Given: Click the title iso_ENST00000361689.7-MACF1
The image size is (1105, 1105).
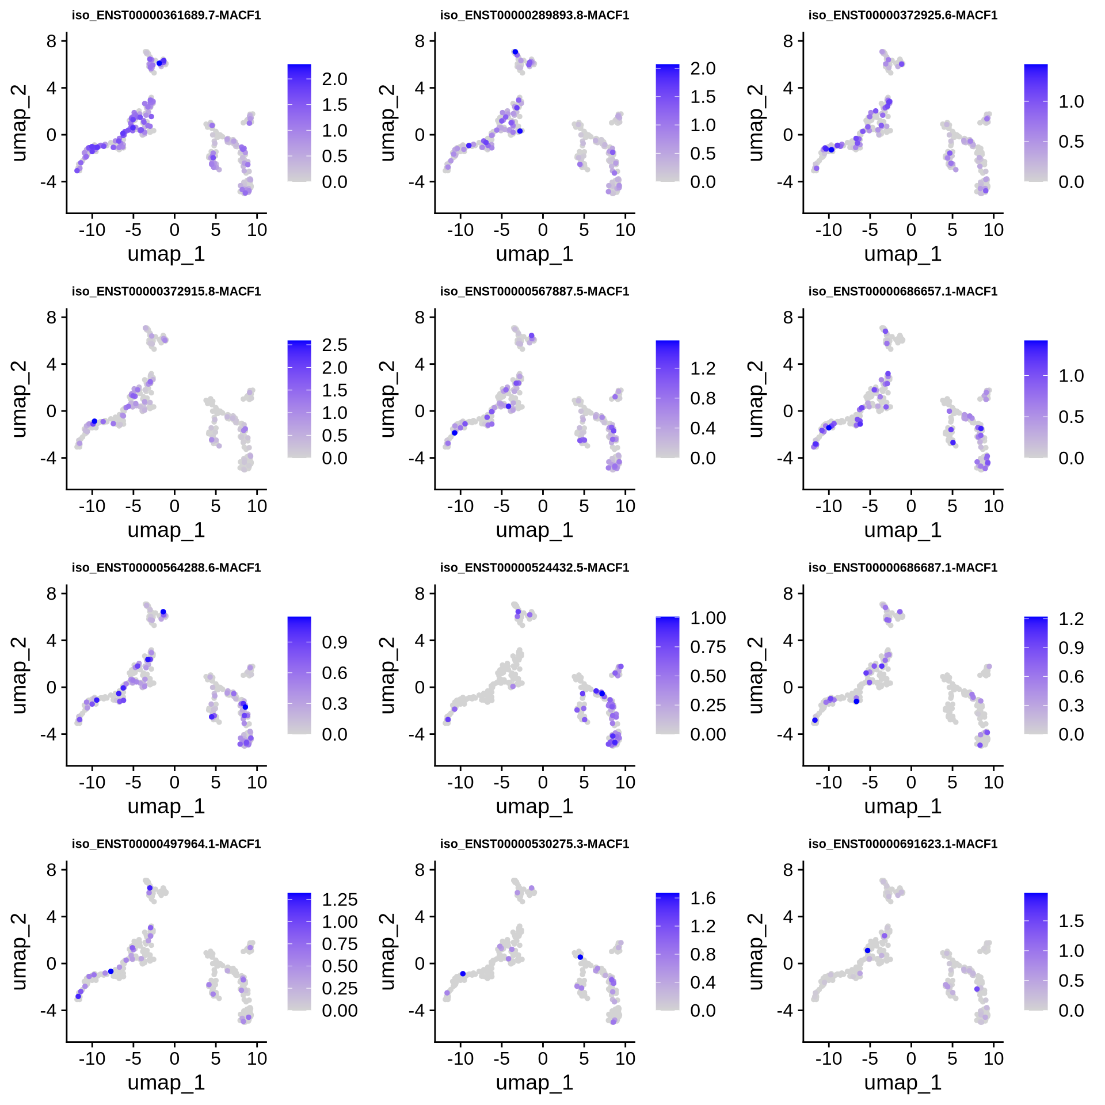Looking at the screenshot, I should pyautogui.click(x=166, y=16).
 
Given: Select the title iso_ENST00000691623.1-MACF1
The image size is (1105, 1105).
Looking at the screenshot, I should pyautogui.click(x=903, y=844).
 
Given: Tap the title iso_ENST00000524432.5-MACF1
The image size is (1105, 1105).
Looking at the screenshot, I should pyautogui.click(x=535, y=568).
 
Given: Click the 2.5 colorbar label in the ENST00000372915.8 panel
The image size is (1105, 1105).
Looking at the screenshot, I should pyautogui.click(x=334, y=345).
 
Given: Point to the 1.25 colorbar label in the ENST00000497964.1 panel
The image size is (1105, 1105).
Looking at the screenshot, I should pyautogui.click(x=340, y=900).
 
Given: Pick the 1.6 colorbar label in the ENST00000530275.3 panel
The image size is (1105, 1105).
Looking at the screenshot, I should pyautogui.click(x=703, y=898).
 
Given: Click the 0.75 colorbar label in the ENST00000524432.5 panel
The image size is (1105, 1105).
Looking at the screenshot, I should pyautogui.click(x=708, y=647).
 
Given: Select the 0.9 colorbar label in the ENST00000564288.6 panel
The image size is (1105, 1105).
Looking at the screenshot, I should pyautogui.click(x=334, y=642).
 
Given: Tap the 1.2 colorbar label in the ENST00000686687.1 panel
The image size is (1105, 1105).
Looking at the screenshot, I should pyautogui.click(x=1071, y=619).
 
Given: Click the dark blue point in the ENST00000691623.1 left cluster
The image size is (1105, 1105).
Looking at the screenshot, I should pyautogui.click(x=867, y=950).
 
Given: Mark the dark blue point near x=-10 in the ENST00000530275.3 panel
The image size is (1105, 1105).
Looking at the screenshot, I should pyautogui.click(x=463, y=974).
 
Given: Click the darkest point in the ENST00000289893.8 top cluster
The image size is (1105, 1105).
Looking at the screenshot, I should pyautogui.click(x=515, y=52).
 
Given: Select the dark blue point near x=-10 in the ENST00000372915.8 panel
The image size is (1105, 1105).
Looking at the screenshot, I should pyautogui.click(x=94, y=421).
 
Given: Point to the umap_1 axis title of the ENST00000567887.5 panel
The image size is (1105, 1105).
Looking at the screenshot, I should pyautogui.click(x=535, y=530).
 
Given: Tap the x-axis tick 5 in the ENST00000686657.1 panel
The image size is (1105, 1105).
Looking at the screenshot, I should pyautogui.click(x=952, y=506).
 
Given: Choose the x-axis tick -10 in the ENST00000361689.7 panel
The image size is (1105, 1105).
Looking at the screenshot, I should pyautogui.click(x=92, y=230).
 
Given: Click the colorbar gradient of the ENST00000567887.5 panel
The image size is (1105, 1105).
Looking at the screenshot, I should pyautogui.click(x=667, y=399).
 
